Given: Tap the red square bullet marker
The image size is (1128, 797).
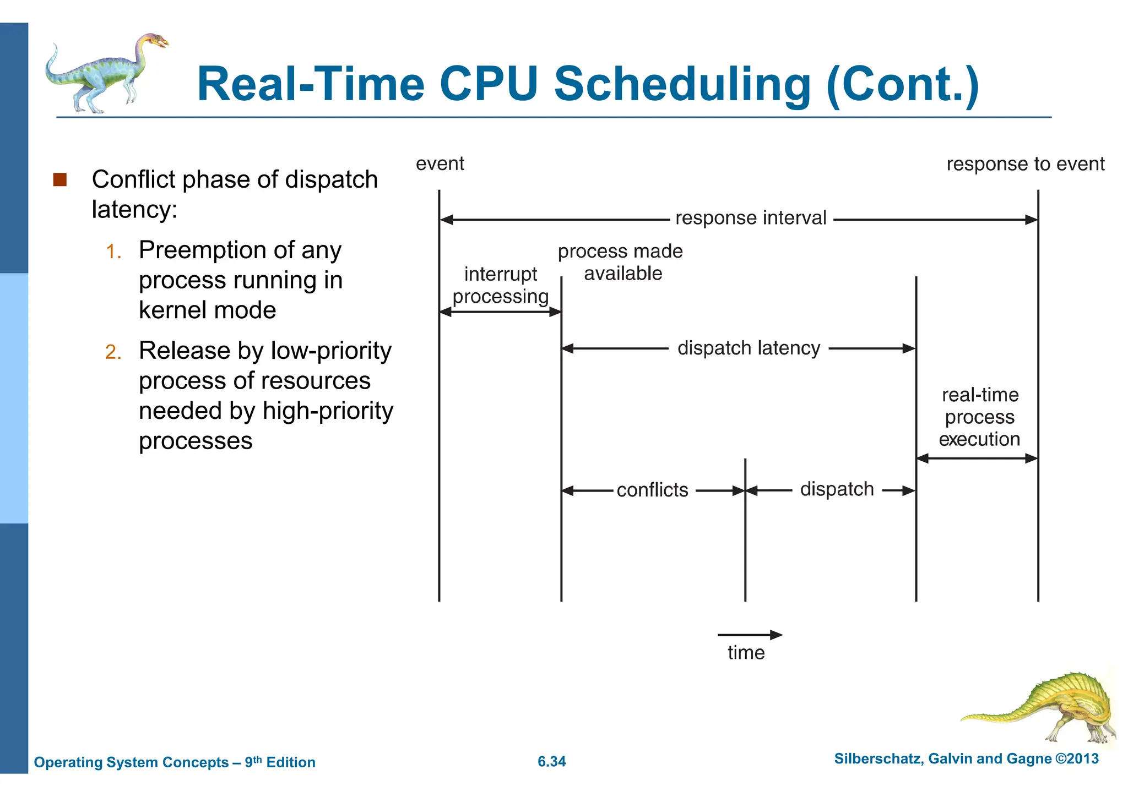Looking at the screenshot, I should point(60,179).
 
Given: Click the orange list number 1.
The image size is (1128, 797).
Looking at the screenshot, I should point(113,252).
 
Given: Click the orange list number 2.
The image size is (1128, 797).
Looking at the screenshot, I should point(113,352).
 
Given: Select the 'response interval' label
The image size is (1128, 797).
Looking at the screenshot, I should point(750,218).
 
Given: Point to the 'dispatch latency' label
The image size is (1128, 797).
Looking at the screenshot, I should point(749,348).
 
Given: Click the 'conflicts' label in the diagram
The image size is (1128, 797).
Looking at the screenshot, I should point(652,490).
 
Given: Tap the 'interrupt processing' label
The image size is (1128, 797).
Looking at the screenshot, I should point(500,285).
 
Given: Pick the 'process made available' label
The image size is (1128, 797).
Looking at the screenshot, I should point(621,262).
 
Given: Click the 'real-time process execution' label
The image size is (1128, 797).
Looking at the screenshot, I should point(979,417).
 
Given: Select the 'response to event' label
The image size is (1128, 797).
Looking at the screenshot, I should point(1025,164).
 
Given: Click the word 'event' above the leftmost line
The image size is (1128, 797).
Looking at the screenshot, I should point(440,163).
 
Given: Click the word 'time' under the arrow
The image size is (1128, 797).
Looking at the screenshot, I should point(746,653).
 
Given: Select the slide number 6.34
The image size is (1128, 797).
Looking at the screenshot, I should point(551,761).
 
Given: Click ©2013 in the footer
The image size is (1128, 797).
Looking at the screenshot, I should point(1076,758).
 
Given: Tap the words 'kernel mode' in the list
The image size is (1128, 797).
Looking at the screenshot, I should point(207,310).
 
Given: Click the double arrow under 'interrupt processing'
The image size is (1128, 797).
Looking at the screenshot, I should point(500,312).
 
